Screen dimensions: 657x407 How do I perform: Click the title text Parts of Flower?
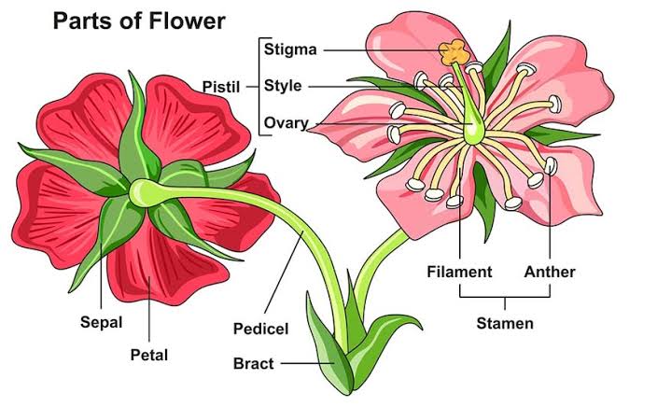coord(139,21)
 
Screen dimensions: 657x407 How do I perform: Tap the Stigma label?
coord(290,49)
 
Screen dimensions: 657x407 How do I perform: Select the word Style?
coord(283,86)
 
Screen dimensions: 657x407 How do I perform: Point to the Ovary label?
coord(287,123)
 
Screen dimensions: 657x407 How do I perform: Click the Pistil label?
coord(221,87)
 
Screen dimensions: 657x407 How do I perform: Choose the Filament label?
coord(459,272)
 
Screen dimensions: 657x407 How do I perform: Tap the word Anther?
coord(550,272)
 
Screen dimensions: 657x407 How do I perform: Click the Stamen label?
coord(505,323)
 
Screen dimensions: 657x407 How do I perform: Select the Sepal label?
coord(102,322)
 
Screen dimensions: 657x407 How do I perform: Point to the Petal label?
coord(149,355)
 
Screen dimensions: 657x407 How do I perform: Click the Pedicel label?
coord(260,329)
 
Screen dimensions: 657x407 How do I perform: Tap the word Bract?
coord(253,363)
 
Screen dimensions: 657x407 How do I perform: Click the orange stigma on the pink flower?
coord(454,52)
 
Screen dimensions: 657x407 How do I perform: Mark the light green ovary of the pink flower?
coord(474,130)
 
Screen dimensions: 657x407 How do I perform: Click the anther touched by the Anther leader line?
coord(551,166)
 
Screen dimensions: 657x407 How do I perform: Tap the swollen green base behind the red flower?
coord(145,193)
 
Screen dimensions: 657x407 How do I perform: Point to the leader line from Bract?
coord(308,363)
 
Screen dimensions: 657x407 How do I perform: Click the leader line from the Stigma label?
coord(383,50)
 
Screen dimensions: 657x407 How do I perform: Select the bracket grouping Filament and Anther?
coord(505,296)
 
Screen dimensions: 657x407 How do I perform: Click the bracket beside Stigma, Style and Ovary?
coord(259,87)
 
